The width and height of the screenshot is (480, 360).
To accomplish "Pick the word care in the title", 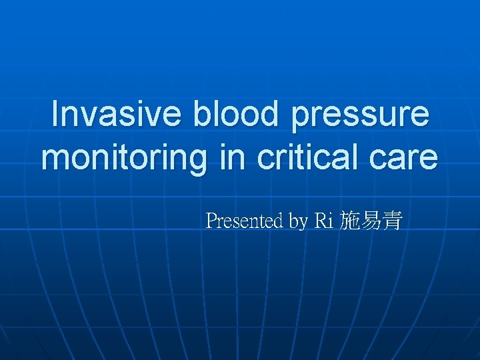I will click(x=407, y=159).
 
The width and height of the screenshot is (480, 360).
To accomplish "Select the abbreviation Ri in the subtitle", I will click(x=323, y=221).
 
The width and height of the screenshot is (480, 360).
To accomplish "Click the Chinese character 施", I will click(x=350, y=221).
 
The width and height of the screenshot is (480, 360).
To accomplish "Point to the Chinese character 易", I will click(x=371, y=221).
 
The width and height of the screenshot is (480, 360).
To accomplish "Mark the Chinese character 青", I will click(x=391, y=221).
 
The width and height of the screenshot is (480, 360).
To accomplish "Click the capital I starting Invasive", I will click(x=55, y=114).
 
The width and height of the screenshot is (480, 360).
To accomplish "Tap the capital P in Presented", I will click(x=211, y=221).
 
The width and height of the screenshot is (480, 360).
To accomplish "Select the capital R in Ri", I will click(x=319, y=221).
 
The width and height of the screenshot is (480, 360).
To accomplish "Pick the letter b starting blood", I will click(x=203, y=114).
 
